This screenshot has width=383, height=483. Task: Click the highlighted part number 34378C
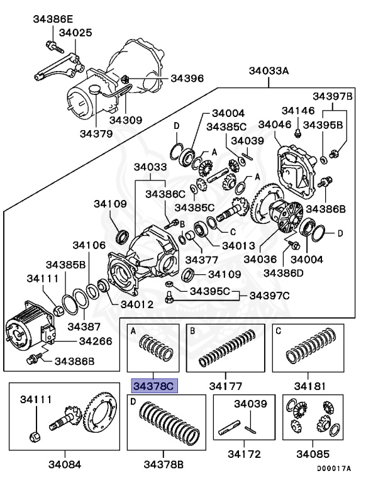pyautogui.click(x=154, y=386)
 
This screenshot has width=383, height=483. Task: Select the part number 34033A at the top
pyautogui.click(x=269, y=70)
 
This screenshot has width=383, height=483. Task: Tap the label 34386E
pyautogui.click(x=53, y=19)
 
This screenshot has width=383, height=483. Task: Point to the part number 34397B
pyautogui.click(x=333, y=96)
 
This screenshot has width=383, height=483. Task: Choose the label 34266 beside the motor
pyautogui.click(x=95, y=341)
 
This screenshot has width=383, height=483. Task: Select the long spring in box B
pyautogui.click(x=226, y=348)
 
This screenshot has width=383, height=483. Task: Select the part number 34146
pyautogui.click(x=297, y=111)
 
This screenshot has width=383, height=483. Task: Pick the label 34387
pyautogui.click(x=84, y=326)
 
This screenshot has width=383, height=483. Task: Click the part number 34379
pyautogui.click(x=96, y=133)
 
